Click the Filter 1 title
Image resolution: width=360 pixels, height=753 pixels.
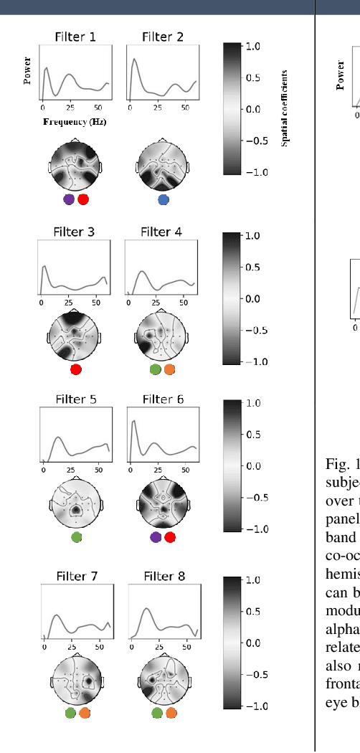pyautogui.click(x=75, y=37)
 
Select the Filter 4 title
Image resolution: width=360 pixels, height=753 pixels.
pyautogui.click(x=161, y=232)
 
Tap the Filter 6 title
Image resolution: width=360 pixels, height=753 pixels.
pyautogui.click(x=163, y=399)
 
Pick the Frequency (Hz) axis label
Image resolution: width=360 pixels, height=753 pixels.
pyautogui.click(x=75, y=122)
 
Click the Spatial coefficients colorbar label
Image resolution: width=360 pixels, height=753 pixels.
pyautogui.click(x=285, y=108)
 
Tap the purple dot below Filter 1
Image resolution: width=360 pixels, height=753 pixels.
pyautogui.click(x=69, y=199)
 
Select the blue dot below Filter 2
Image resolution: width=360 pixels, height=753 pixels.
pyautogui.click(x=164, y=199)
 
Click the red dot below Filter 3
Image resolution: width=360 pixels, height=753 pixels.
pyautogui.click(x=76, y=369)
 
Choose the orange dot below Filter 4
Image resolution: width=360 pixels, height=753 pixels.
pyautogui.click(x=169, y=369)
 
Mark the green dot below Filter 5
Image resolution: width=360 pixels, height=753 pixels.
pyautogui.click(x=77, y=536)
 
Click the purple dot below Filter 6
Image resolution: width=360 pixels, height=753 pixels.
pyautogui.click(x=156, y=537)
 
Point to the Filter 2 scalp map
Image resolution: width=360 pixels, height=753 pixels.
pyautogui.click(x=163, y=166)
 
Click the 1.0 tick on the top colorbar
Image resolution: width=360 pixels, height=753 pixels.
pyautogui.click(x=252, y=46)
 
